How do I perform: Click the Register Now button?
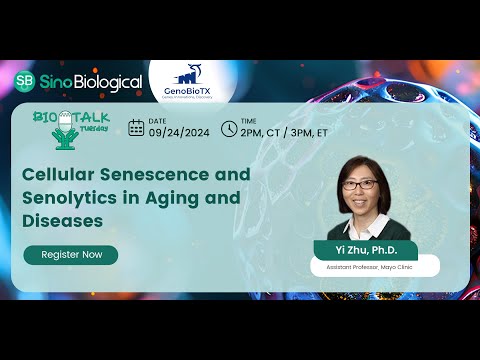[x=71, y=255]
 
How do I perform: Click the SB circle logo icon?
[x=26, y=82]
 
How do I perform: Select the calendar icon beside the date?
[x=136, y=127]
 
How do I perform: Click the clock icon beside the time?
[x=229, y=127]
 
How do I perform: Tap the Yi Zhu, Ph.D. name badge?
[x=364, y=250]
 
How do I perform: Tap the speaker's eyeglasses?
[x=365, y=184]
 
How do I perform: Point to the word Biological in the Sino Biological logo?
[x=105, y=82]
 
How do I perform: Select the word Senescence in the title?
[x=160, y=174]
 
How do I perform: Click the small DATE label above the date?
[x=158, y=119]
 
